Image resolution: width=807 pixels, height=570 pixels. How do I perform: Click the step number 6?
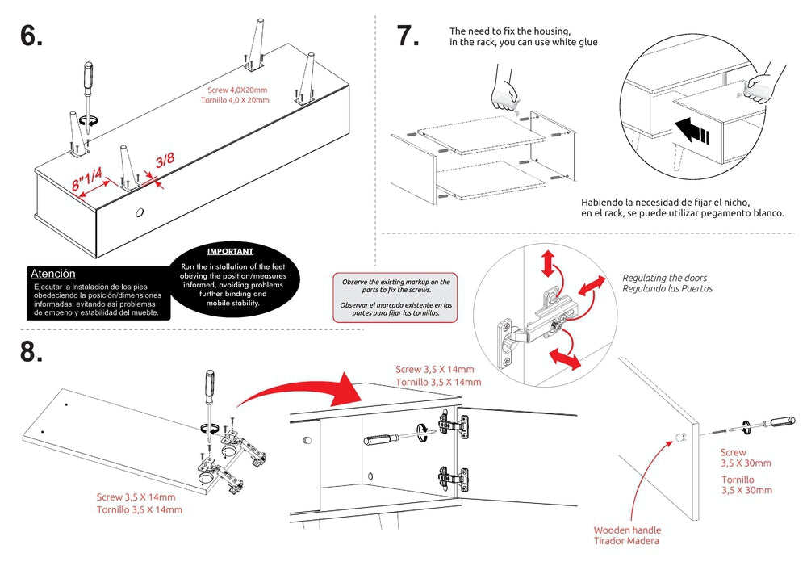pyautogui.click(x=31, y=36)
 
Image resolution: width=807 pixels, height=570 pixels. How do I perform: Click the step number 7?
pyautogui.click(x=408, y=36)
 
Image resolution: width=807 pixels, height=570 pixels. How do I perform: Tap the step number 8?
pyautogui.click(x=31, y=353)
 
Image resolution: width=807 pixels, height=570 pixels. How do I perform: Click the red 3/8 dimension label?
pyautogui.click(x=165, y=160)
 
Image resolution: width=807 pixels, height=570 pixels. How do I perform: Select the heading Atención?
pyautogui.click(x=53, y=274)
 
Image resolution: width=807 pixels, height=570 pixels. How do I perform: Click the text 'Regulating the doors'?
pyautogui.click(x=667, y=278)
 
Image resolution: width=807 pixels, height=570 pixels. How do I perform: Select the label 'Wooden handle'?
pyautogui.click(x=627, y=530)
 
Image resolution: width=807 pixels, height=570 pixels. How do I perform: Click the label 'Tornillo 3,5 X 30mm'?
pyautogui.click(x=746, y=484)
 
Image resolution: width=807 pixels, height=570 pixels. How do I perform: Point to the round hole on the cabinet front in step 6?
pyautogui.click(x=140, y=213)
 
